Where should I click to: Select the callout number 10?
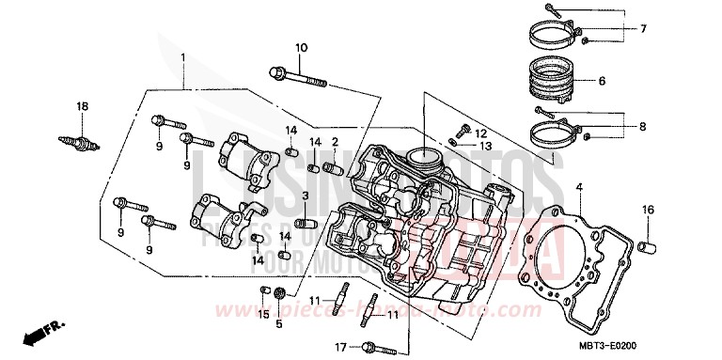pos(301,48)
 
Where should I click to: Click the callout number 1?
pos(183,58)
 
